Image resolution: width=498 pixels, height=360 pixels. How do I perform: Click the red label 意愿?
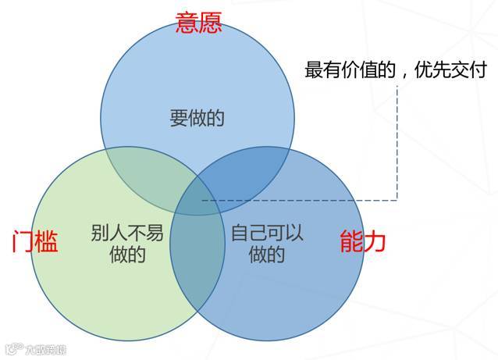(198, 23)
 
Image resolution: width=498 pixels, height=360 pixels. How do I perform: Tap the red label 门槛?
(36, 242)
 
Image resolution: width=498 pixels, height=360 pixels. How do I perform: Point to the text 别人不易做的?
(127, 244)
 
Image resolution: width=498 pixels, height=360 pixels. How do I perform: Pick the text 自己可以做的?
(268, 244)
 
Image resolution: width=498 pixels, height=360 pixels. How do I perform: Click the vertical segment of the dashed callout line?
(397, 141)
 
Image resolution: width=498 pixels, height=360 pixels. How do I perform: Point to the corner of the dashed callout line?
(397, 199)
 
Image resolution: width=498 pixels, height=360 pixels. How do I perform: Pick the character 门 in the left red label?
(24, 242)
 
